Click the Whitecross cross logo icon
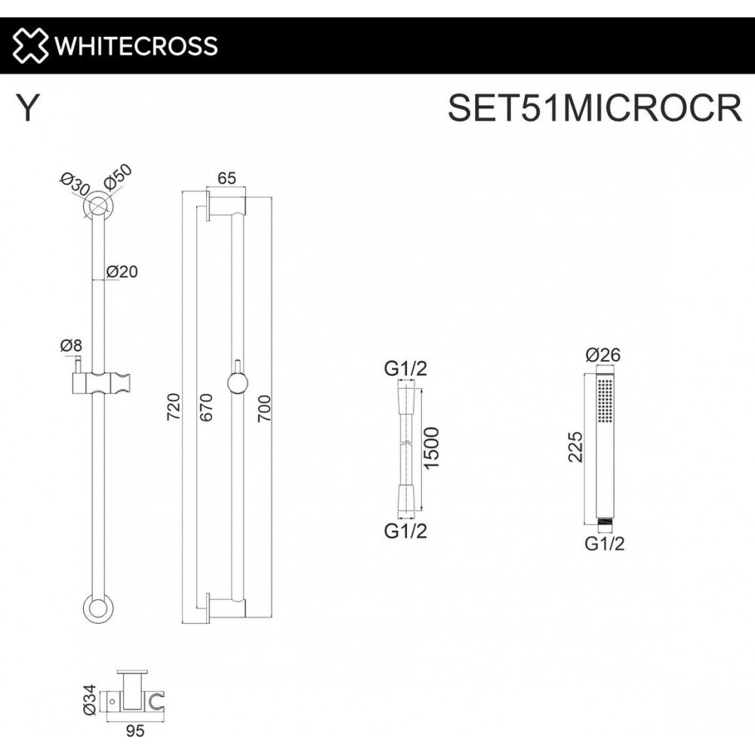[30, 46]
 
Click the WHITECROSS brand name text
[136, 46]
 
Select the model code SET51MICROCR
[595, 108]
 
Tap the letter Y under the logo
[27, 107]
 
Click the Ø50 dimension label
[117, 177]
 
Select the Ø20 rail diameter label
[122, 272]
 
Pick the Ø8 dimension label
[71, 345]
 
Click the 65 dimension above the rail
[226, 178]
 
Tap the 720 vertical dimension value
[174, 407]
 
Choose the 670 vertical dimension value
[205, 408]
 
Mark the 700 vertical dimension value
[263, 408]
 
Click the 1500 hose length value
[431, 448]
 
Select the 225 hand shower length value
[575, 447]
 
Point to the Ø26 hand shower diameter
[603, 355]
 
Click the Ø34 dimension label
[90, 700]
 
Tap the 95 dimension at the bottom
[135, 731]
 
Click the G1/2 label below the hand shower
[605, 544]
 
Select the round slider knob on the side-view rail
[237, 384]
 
